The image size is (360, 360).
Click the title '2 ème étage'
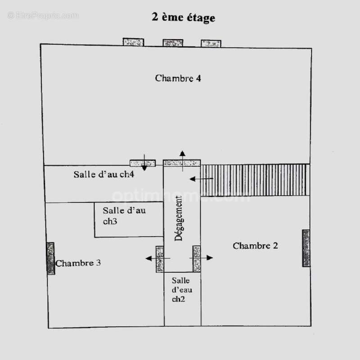[x=183, y=18]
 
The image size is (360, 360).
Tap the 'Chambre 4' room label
[x=178, y=78]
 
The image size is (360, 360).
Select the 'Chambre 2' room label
[x=255, y=246]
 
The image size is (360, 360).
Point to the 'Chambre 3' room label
[x=78, y=263]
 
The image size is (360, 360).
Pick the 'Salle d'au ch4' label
[x=104, y=175]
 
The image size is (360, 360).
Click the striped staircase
[x=255, y=180]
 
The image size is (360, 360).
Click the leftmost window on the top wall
[x=133, y=42]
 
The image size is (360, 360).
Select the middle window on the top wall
[x=173, y=43]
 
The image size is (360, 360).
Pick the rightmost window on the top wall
[x=211, y=44]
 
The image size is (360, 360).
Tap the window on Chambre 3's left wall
[x=50, y=258]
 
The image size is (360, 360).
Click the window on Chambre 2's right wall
[x=306, y=248]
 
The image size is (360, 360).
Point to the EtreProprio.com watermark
[x=43, y=15]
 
